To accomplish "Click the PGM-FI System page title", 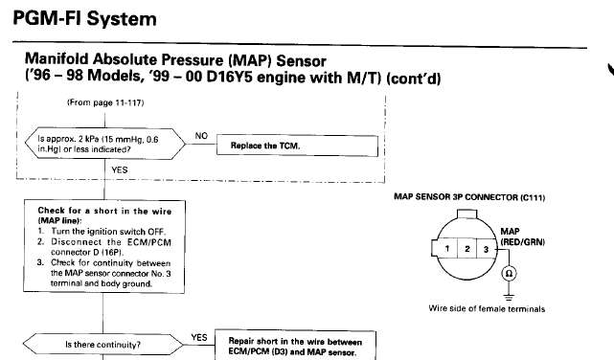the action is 84,19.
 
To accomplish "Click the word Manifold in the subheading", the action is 57,59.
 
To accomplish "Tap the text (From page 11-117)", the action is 105,102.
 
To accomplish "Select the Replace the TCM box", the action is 297,146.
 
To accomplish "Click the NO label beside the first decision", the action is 201,136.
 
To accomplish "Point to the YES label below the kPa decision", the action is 120,169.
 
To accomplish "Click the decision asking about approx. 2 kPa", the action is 105,144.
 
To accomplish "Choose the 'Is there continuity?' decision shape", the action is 102,345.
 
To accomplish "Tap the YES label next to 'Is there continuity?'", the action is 199,337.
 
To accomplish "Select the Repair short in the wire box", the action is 295,346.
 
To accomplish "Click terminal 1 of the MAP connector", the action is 447,249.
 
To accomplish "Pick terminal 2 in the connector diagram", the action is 467,249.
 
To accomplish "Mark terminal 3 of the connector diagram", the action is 486,249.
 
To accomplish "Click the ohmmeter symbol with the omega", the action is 509,273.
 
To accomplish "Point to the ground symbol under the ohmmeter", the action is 509,297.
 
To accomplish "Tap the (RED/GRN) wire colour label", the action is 522,242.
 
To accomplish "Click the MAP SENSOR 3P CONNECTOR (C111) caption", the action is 469,197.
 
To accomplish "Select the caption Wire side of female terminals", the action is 487,308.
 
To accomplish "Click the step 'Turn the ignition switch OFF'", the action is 108,232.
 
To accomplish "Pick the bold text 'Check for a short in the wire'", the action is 104,211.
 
